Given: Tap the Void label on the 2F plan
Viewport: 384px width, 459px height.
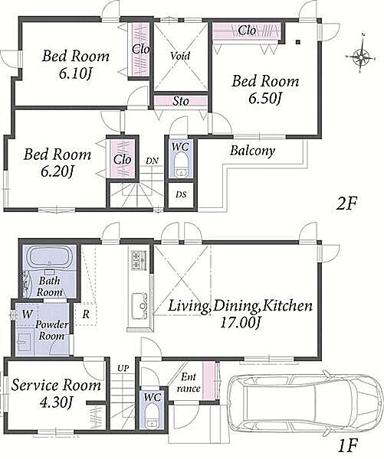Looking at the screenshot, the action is pyautogui.click(x=180, y=56).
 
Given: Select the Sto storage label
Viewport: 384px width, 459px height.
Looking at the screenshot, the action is pyautogui.click(x=181, y=101).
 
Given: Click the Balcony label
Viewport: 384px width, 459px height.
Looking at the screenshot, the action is pyautogui.click(x=252, y=151).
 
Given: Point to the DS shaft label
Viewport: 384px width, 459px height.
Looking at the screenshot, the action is pyautogui.click(x=181, y=194).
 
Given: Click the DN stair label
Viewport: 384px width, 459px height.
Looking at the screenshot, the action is pyautogui.click(x=152, y=161).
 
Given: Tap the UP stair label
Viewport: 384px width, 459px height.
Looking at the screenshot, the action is pyautogui.click(x=123, y=368).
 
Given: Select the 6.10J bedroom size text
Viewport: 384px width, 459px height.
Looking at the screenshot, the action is pyautogui.click(x=75, y=73).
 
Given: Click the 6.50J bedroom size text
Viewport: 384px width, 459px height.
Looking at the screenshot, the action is pyautogui.click(x=265, y=99).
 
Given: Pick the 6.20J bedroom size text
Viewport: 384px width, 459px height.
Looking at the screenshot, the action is pyautogui.click(x=57, y=172).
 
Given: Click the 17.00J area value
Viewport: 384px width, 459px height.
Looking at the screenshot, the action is pyautogui.click(x=240, y=323).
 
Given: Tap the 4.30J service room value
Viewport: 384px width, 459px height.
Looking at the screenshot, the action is pyautogui.click(x=56, y=402).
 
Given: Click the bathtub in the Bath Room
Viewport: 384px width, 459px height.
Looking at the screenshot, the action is pyautogui.click(x=49, y=256).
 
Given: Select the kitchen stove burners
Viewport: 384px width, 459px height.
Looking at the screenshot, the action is pyautogui.click(x=139, y=260).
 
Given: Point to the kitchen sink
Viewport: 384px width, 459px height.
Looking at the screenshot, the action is pyautogui.click(x=139, y=306).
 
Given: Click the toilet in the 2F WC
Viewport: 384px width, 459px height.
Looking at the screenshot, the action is pyautogui.click(x=181, y=164).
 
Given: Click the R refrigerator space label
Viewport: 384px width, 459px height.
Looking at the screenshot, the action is pyautogui.click(x=86, y=314).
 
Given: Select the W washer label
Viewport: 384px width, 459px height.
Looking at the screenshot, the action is pyautogui.click(x=28, y=314).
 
